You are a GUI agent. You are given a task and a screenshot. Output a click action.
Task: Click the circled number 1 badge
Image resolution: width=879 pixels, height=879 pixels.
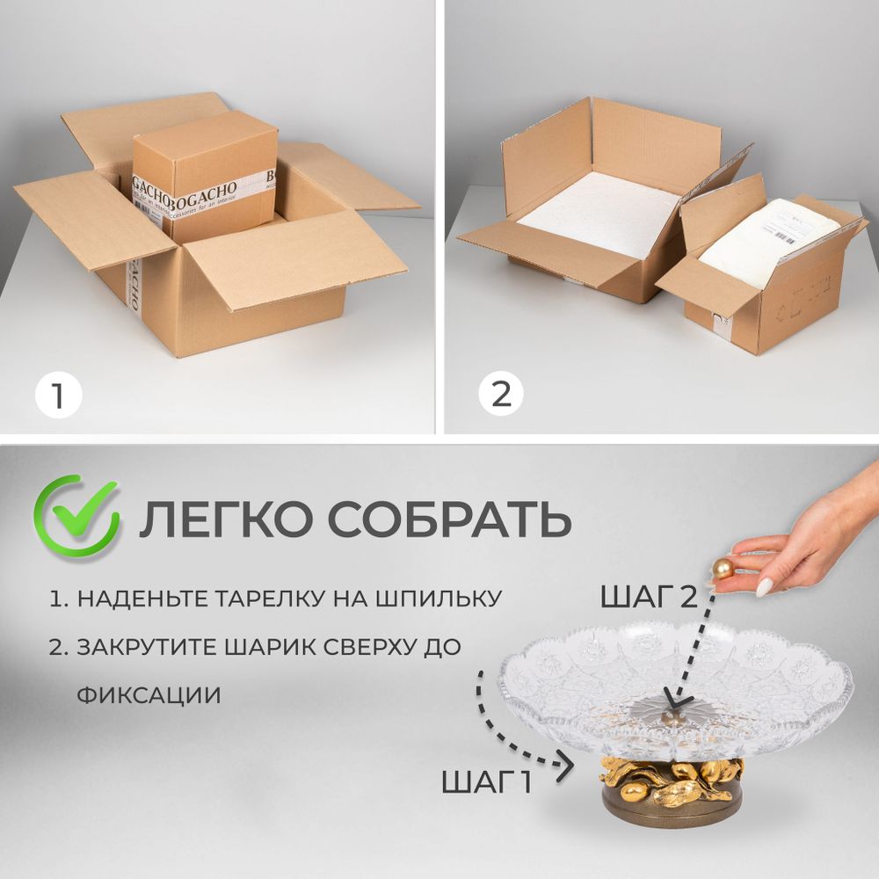[58, 395]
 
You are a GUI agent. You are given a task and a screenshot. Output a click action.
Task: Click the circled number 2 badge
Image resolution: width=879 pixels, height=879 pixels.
[501, 395]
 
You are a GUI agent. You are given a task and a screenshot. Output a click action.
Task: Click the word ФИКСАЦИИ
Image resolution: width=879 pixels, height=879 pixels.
[148, 694]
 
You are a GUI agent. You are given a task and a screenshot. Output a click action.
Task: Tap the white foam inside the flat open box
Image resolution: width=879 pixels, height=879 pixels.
[598, 215]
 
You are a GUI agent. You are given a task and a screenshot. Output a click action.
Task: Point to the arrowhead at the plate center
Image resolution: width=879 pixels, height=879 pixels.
[672, 701]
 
